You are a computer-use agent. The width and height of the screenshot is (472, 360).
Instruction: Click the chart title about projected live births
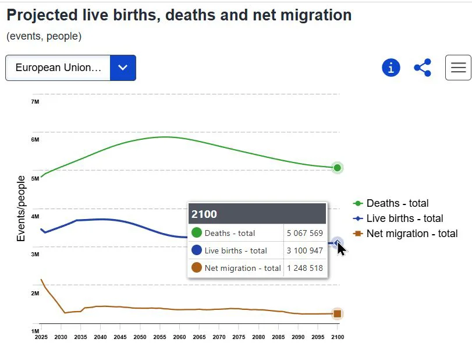click(179, 15)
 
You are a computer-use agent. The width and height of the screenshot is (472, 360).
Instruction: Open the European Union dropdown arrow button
click(123, 68)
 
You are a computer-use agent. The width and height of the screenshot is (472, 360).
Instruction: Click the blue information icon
click(391, 68)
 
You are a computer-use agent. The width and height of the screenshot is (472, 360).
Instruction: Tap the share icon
click(423, 68)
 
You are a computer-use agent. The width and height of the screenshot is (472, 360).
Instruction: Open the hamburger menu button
click(458, 68)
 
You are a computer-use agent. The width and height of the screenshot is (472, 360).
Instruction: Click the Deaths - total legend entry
click(397, 203)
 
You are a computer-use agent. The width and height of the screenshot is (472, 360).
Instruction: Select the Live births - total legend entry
click(404, 218)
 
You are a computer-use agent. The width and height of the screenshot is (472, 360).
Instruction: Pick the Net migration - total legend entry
click(411, 234)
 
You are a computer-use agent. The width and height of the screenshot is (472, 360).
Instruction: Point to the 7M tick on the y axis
click(35, 102)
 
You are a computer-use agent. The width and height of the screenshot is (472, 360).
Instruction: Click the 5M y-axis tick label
click(35, 179)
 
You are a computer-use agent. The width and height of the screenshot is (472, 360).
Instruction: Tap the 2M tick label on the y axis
click(35, 294)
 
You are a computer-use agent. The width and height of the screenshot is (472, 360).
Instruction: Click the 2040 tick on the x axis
click(101, 337)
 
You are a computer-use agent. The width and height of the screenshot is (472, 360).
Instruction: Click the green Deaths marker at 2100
click(337, 168)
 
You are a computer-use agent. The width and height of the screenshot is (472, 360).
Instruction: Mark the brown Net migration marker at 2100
click(337, 314)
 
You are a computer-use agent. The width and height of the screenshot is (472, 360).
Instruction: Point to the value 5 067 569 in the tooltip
click(304, 233)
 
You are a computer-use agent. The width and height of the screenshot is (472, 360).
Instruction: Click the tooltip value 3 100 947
click(304, 250)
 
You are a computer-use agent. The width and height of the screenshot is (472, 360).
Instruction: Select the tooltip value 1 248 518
click(304, 268)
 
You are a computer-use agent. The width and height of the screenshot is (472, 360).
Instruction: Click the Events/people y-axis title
click(21, 209)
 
